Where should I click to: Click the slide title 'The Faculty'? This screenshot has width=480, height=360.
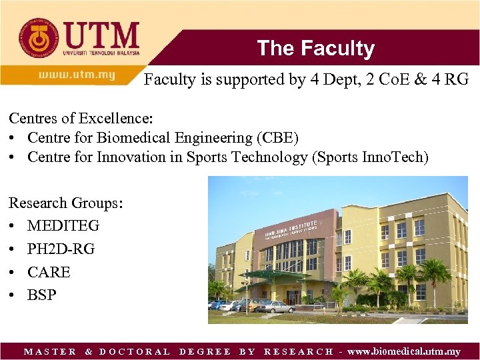click(315, 49)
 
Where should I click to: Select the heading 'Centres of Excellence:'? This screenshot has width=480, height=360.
click(81, 119)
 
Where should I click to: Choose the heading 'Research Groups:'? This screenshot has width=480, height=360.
click(66, 203)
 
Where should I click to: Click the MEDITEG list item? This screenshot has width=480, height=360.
click(63, 226)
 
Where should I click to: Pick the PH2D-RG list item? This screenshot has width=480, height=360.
click(61, 249)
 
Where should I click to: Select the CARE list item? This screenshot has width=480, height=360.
click(49, 272)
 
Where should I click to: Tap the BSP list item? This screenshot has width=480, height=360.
click(42, 295)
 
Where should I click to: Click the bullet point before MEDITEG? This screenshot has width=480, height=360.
click(13, 226)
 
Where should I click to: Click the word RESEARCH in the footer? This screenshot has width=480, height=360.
click(299, 351)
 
